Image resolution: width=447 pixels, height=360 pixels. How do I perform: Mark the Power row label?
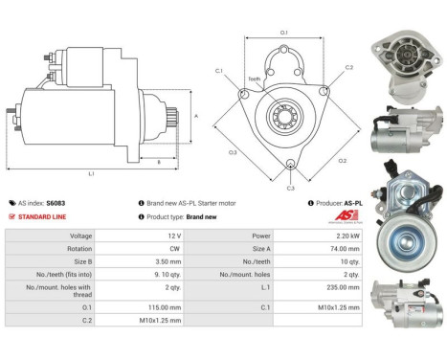pos(260,235)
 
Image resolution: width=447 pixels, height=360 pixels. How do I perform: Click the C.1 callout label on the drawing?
pos(218,71)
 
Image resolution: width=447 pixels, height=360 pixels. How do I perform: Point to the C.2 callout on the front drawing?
pos(349,68)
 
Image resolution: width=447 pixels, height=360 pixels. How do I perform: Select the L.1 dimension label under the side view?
pos(91,173)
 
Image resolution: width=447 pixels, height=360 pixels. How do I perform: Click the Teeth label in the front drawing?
pos(255,79)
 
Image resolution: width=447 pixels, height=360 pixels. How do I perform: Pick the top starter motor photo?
pos(406,67)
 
